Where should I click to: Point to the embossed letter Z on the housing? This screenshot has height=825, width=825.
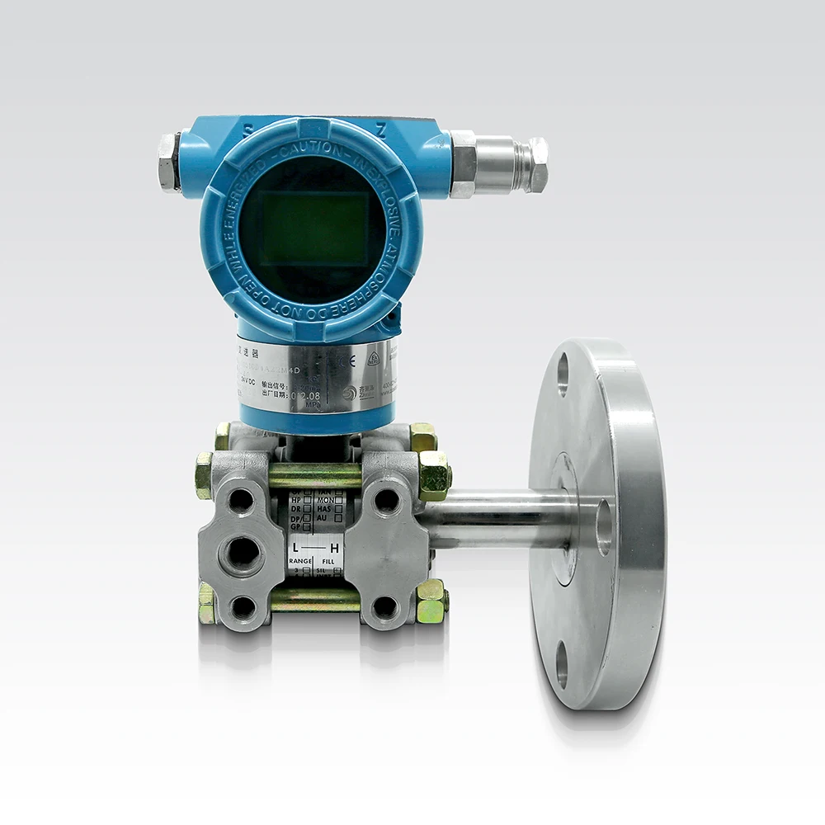click(381, 130)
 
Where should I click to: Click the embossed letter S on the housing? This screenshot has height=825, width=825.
click(247, 130)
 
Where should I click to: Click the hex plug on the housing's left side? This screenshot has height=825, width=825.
click(168, 162)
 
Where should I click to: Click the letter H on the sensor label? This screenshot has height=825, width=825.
click(333, 548)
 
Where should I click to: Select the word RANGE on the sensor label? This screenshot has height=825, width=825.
click(299, 561)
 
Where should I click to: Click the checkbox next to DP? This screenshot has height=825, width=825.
click(306, 518)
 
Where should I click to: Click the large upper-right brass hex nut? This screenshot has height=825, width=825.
click(434, 475)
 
